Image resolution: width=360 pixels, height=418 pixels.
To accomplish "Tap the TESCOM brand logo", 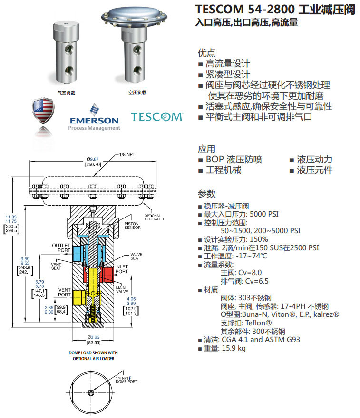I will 156,116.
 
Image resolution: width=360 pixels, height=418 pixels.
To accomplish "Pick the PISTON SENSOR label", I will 133,225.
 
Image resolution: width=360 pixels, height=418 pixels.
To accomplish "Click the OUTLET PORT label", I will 61,248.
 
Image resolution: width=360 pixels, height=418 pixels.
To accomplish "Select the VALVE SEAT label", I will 126,256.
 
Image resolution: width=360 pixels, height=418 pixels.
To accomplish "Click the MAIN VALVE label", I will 122,289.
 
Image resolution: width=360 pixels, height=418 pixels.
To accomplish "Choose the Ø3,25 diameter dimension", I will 93,337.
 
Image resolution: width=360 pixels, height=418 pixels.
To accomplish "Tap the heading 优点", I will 206,53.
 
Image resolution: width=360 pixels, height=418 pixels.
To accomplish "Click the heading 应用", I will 206,149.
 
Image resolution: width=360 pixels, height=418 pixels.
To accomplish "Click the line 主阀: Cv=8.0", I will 241,272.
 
